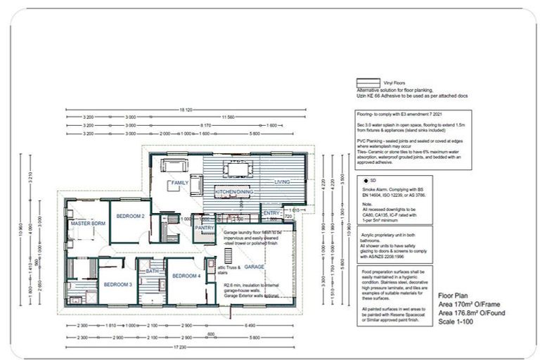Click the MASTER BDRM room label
point(88,223)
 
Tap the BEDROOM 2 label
point(130,216)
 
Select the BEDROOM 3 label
point(118,284)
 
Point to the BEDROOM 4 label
point(186,275)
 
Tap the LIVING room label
point(282,182)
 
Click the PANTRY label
point(204,228)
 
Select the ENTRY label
point(271,212)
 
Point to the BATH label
point(151,270)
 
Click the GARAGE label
point(254,267)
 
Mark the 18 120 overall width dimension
point(185,110)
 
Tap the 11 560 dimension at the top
point(227,117)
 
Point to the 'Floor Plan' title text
point(453,296)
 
